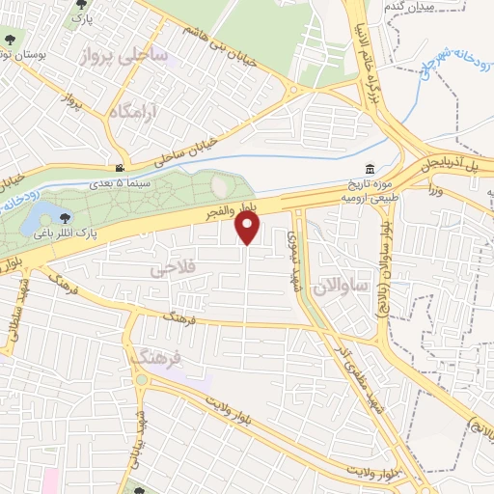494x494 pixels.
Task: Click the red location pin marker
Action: coord(249,228)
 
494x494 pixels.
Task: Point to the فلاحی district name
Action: coord(174,270)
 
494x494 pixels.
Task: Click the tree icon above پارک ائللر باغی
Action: coord(65,218)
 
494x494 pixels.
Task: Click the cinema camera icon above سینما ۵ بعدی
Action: coord(119,167)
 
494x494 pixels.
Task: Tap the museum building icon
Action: coord(372,167)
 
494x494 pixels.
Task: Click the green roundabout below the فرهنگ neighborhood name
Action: coord(143,378)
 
